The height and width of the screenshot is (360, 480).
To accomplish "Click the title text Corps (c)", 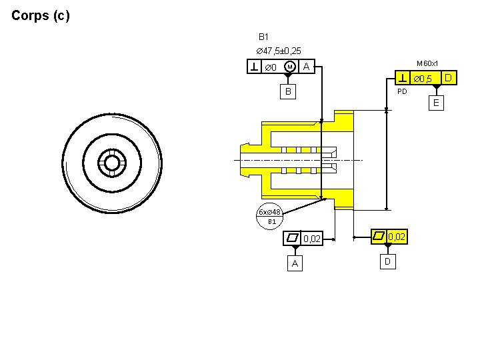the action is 41,15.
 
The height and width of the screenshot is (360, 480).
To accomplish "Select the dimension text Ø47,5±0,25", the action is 279,51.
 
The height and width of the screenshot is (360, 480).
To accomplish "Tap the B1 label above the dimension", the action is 263,37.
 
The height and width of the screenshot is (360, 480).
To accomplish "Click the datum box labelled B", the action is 288,91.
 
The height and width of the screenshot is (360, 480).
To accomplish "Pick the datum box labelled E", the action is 436,103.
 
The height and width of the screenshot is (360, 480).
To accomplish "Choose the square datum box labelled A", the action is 295,263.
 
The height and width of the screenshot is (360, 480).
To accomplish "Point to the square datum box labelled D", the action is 388,262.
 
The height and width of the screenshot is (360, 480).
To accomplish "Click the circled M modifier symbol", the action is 290,67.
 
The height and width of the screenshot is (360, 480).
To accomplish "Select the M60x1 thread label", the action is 427,64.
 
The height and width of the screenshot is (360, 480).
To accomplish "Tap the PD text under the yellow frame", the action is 402,91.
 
